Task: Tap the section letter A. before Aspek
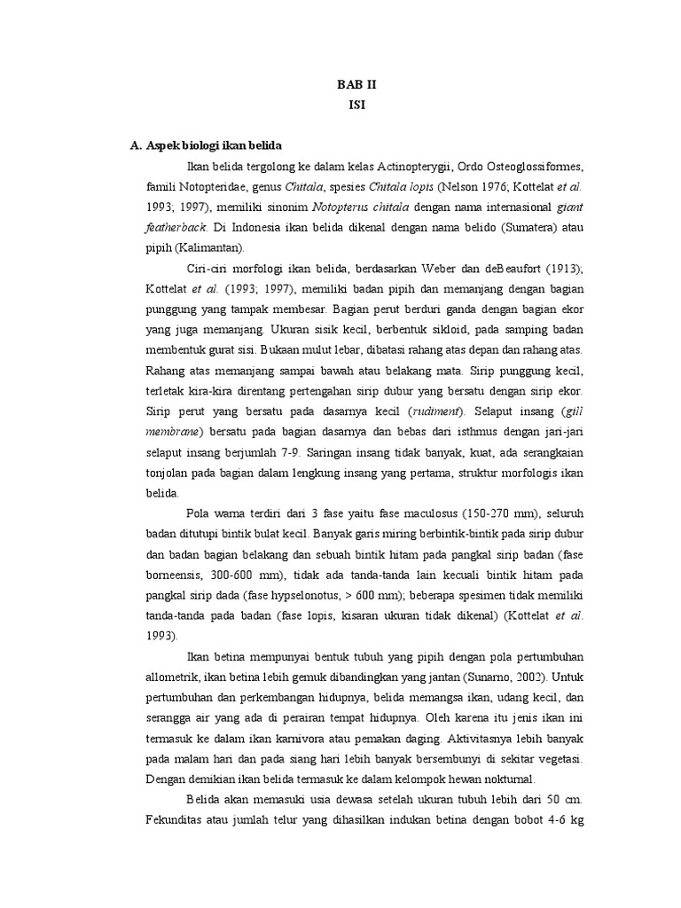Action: [x=136, y=145]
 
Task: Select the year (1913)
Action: [x=560, y=269]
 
